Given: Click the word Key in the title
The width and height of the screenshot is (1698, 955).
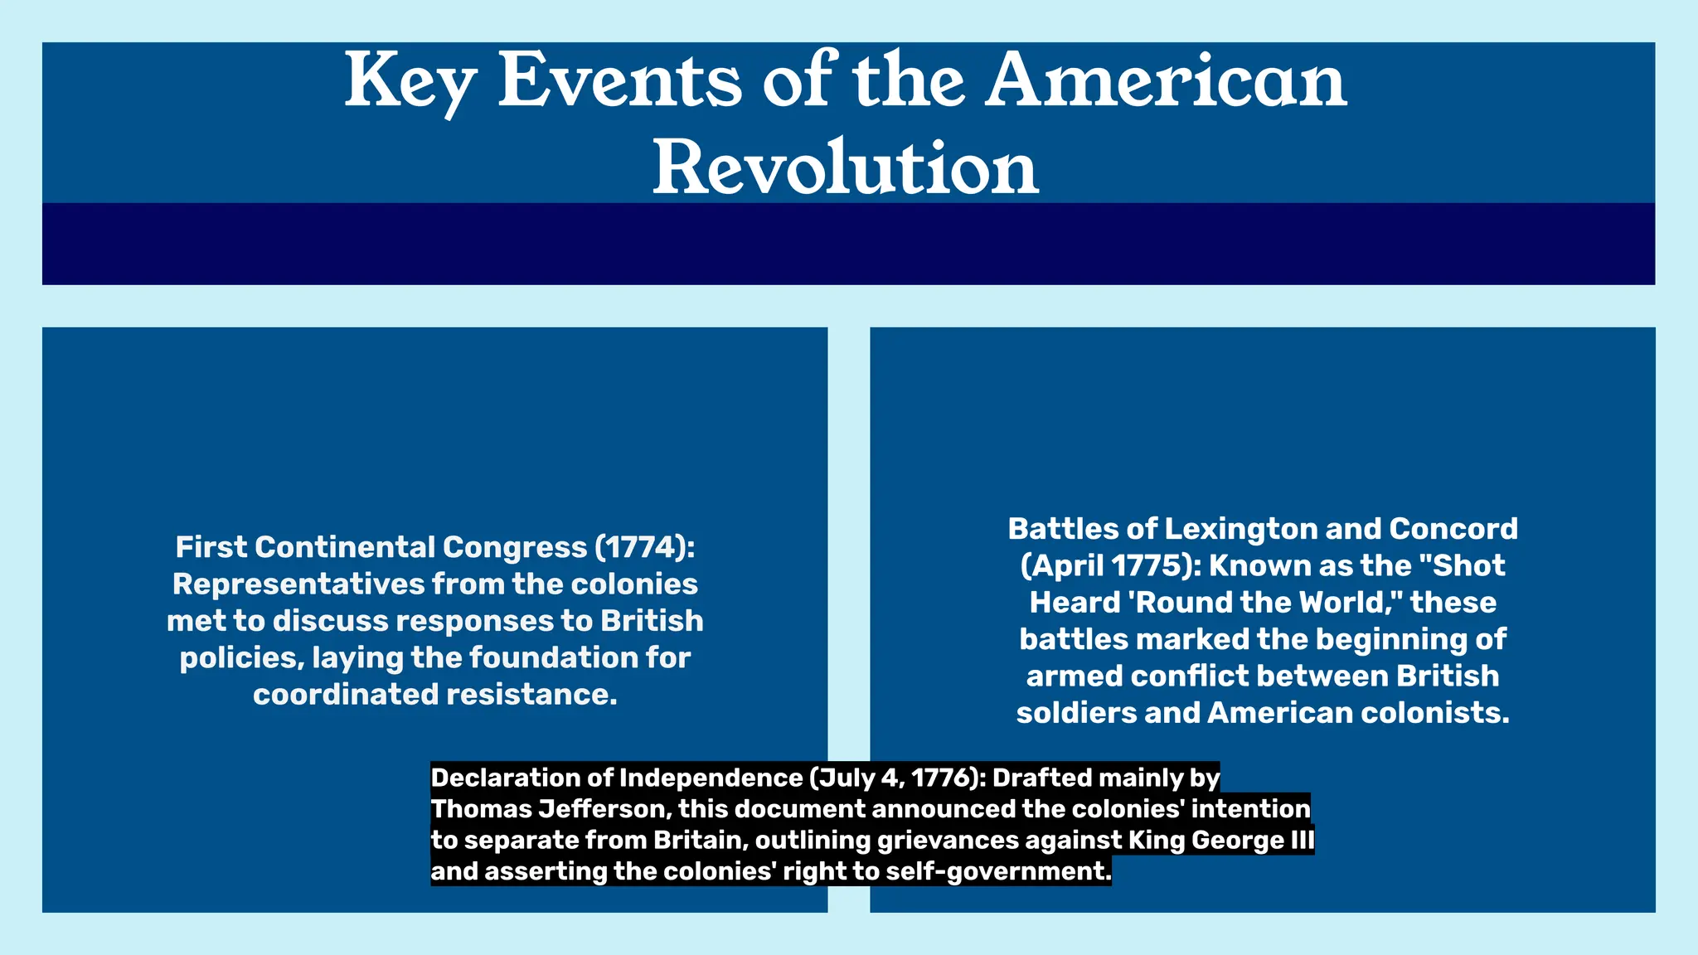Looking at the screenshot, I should point(410,82).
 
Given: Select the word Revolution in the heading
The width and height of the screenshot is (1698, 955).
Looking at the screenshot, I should point(845,168).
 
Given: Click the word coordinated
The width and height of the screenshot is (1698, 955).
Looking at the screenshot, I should point(346,694).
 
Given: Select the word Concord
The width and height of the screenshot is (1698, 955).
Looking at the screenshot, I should point(1453,529).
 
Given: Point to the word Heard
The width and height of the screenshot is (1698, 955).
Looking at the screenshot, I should point(1074,602).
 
